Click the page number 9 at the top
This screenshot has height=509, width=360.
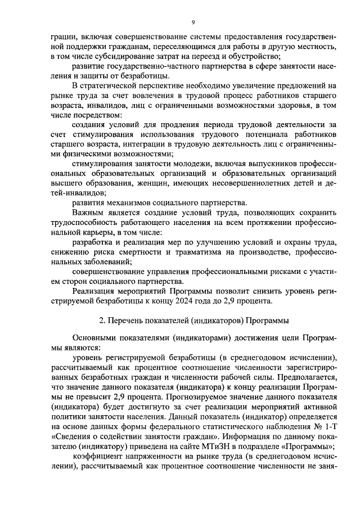coord(192,22)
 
